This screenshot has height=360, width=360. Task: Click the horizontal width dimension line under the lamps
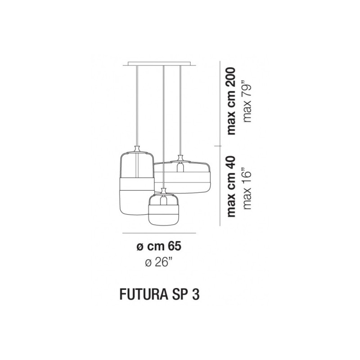point(159,233)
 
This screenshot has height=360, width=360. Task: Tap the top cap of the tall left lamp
point(138,149)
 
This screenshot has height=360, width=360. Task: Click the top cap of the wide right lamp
point(181,158)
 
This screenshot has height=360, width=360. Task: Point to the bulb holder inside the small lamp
point(164,199)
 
